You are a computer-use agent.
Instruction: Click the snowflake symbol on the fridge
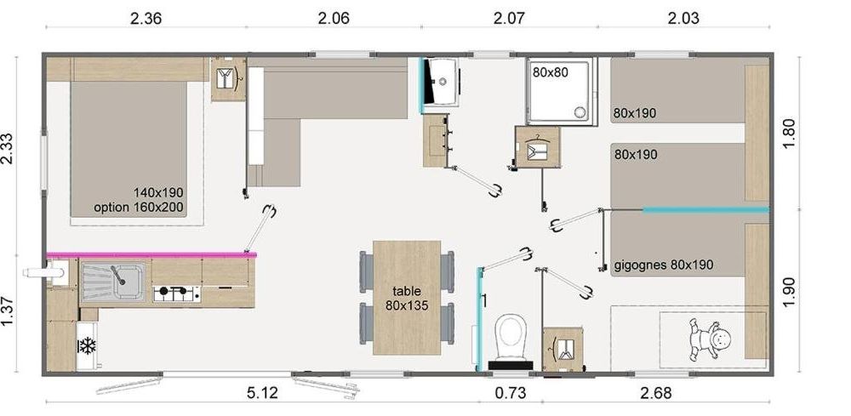click(87, 345)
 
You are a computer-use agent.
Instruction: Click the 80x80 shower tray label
click(550, 71)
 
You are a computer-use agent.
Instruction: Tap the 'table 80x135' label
click(407, 299)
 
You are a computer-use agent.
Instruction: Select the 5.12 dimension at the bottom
click(262, 393)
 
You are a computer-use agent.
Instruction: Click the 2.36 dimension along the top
click(146, 19)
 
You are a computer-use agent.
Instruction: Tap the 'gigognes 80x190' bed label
click(664, 265)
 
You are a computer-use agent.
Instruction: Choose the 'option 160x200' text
click(139, 207)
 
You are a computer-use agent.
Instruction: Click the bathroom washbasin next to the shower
click(441, 81)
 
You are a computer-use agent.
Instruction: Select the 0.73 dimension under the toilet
click(510, 393)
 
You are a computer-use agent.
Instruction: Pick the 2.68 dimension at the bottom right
click(655, 393)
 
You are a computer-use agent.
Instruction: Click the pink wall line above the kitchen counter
click(151, 254)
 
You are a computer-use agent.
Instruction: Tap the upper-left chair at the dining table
click(367, 271)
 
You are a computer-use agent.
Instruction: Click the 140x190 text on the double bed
click(158, 192)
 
